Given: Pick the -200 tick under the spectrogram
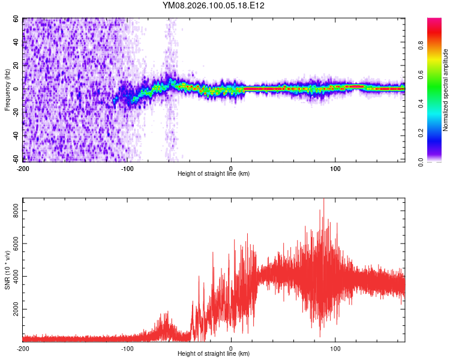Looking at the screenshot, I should [23, 168].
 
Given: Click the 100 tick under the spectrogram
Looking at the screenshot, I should [335, 168].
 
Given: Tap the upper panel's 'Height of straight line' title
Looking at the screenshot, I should [214, 174].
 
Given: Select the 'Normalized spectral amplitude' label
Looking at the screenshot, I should [446, 90].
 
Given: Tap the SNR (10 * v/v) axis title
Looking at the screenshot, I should [7, 271].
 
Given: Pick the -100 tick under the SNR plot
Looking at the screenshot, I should [127, 348].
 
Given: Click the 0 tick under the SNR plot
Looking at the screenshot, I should [232, 348].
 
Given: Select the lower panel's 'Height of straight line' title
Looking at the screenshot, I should [214, 354].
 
